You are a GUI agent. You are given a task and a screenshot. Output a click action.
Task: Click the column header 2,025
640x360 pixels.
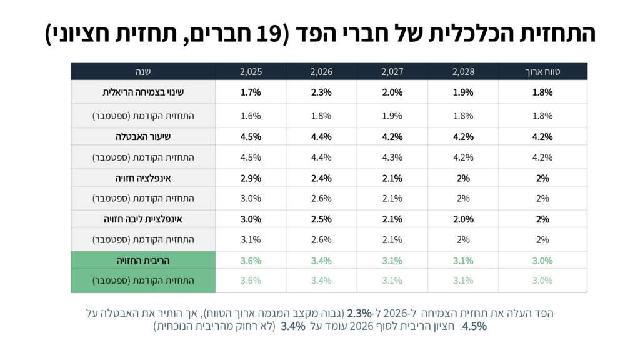pos(251,72)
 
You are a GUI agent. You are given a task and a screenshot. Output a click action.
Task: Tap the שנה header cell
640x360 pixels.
pos(143,72)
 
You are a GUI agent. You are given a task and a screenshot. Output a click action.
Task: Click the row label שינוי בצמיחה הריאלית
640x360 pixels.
pos(143,92)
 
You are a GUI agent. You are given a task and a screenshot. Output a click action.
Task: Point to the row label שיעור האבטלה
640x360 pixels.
pos(143,136)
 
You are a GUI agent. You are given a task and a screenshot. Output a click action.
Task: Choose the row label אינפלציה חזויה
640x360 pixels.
pos(143,178)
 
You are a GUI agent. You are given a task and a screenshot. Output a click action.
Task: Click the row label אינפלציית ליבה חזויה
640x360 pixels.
pos(143,219)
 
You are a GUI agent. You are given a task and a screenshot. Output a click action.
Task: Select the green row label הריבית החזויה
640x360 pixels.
pos(143,261)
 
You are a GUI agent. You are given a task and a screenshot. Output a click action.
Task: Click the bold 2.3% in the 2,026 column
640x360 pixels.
pos(321,92)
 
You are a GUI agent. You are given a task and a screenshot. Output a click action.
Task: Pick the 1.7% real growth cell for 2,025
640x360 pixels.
pos(251,92)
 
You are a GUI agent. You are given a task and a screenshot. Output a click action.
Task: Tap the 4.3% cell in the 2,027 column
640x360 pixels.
pos(392,157)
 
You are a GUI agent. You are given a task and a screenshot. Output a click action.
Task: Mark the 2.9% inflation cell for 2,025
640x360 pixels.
pos(251,178)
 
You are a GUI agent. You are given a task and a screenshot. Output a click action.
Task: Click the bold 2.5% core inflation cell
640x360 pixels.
pos(321,219)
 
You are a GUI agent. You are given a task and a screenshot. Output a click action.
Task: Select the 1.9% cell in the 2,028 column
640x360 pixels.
pos(463,92)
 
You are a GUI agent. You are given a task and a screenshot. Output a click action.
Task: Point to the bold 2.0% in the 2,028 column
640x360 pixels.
pos(463,219)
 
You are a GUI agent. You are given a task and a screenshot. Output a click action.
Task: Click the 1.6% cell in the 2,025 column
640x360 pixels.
pos(251,116)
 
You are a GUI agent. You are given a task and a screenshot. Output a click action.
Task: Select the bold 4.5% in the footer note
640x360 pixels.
pos(473,326)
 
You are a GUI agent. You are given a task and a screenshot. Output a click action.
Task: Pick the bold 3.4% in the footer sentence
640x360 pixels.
pos(293,326)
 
